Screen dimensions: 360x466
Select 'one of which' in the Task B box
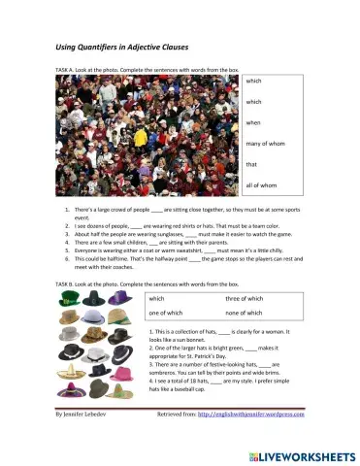172,314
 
